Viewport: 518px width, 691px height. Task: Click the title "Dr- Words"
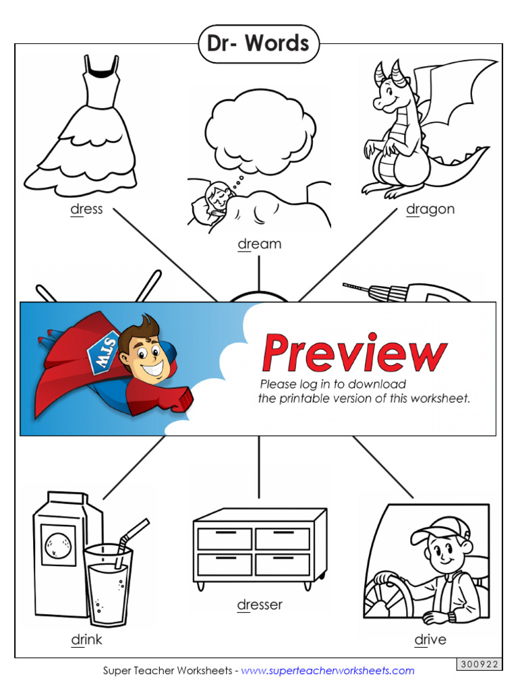pos(258,44)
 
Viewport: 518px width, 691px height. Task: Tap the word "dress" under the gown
pos(86,209)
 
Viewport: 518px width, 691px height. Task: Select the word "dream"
pos(259,244)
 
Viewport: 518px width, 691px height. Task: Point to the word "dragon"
pos(430,209)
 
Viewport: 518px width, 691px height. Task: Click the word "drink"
pos(86,639)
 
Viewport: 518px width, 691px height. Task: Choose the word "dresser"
pos(259,605)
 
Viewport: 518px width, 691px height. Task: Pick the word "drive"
pos(430,639)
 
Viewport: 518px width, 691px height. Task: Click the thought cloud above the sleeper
pos(260,128)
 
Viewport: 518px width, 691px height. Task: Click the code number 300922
pos(479,665)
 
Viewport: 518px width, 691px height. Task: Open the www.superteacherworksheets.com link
pos(328,671)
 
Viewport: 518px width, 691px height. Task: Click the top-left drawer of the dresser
pos(225,538)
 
